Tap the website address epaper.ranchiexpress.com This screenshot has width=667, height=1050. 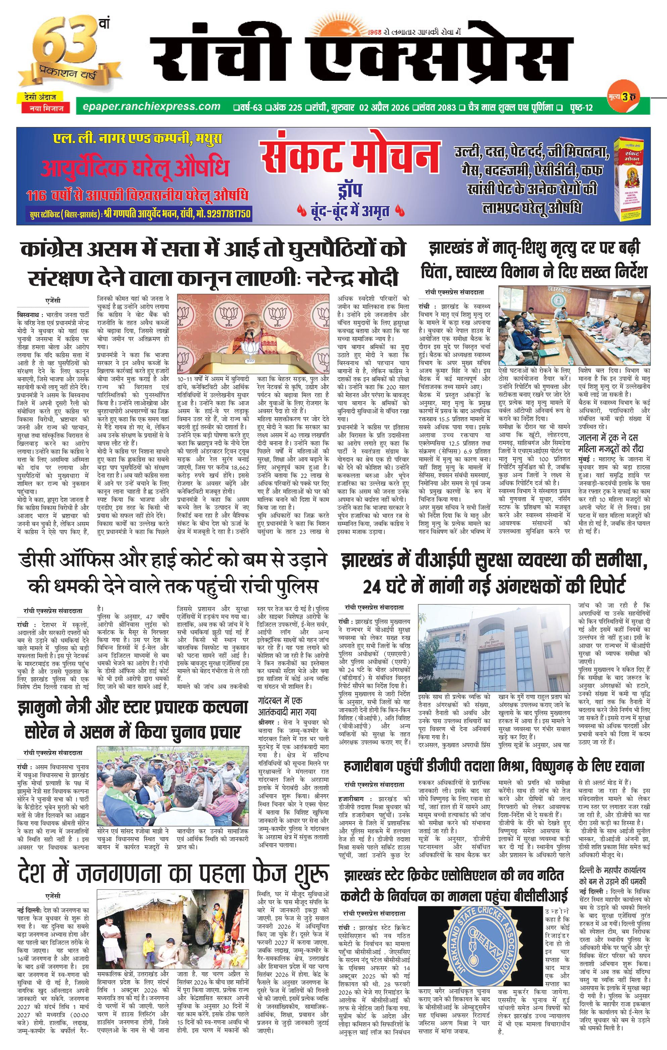click(x=147, y=107)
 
